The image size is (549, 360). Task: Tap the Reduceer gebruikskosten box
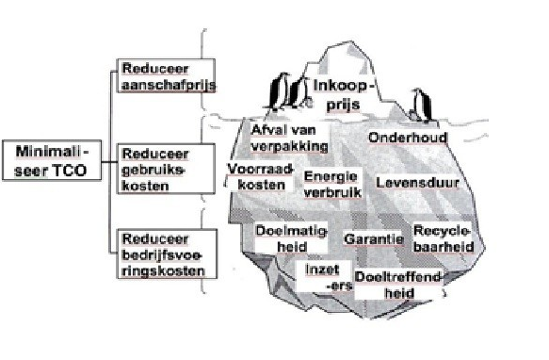[x=155, y=167]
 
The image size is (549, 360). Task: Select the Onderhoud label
[x=407, y=138]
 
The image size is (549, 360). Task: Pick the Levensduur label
[x=411, y=179]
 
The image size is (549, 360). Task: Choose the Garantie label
[x=374, y=239]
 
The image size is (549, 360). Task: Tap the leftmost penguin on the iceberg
[x=277, y=92]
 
